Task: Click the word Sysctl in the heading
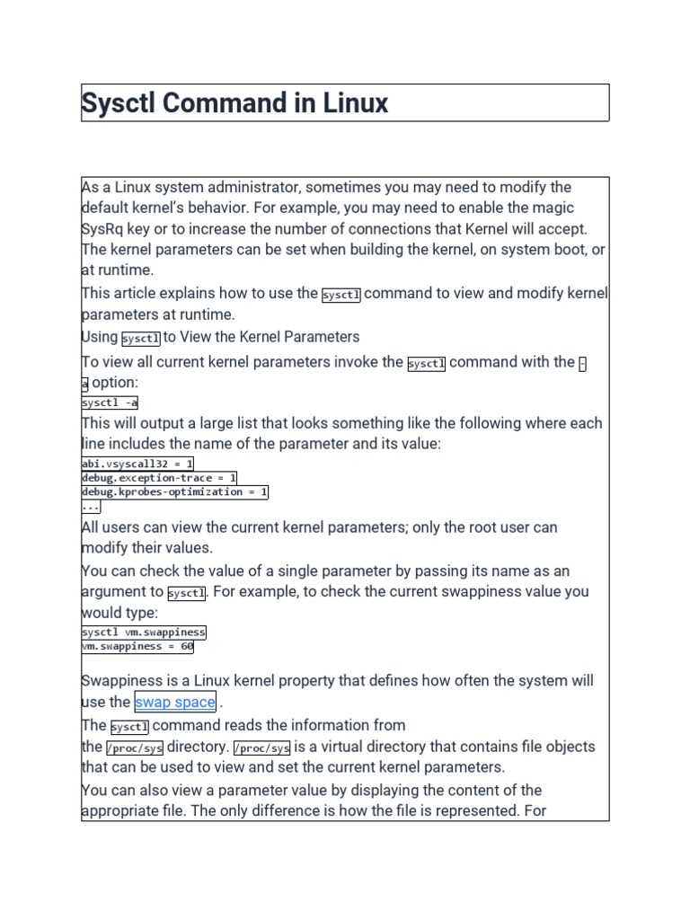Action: [117, 103]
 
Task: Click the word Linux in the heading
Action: [353, 103]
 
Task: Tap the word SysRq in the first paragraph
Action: [100, 229]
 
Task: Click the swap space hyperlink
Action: [175, 703]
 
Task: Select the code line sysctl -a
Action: [110, 403]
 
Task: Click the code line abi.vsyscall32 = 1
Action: [137, 464]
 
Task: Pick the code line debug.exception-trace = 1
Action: [159, 478]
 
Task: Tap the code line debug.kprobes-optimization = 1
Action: [174, 492]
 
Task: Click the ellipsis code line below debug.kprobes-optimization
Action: [91, 507]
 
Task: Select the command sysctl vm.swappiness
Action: [144, 632]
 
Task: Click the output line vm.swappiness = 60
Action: [137, 646]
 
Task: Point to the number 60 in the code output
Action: [186, 646]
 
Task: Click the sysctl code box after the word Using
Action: [140, 339]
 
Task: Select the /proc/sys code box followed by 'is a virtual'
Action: [261, 747]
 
